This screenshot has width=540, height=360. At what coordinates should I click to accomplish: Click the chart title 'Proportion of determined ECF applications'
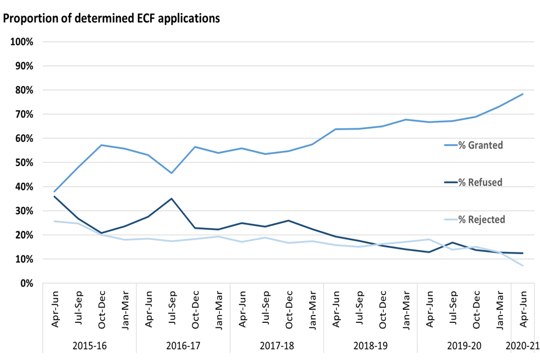(111, 18)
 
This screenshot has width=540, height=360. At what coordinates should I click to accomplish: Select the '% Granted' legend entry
(479, 145)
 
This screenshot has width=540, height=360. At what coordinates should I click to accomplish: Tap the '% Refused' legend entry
(479, 182)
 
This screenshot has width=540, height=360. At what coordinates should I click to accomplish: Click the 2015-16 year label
(90, 345)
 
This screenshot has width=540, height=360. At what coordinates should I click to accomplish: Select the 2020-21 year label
(522, 345)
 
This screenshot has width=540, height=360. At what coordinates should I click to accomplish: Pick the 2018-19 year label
(371, 345)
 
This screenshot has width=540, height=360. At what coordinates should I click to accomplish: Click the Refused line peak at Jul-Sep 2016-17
(172, 199)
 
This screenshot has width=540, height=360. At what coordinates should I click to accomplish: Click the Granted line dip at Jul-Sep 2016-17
(172, 173)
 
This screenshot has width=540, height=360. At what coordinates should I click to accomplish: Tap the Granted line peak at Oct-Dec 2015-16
(101, 145)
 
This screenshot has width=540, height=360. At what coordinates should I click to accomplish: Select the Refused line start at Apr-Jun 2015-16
(55, 196)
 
